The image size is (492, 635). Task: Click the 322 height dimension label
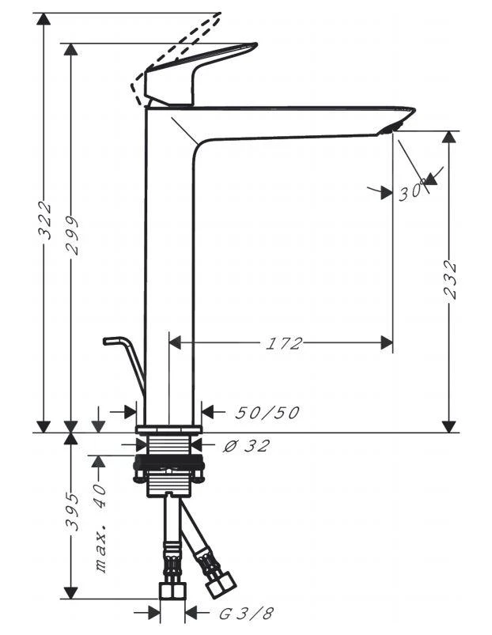coord(45,221)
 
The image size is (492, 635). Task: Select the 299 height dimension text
coord(71,235)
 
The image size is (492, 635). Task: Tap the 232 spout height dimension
coord(449,278)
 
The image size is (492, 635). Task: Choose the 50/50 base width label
coord(267,413)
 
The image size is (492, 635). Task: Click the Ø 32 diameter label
coord(246,446)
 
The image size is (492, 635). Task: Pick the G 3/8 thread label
coord(234,613)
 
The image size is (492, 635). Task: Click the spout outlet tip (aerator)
coord(393,127)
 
